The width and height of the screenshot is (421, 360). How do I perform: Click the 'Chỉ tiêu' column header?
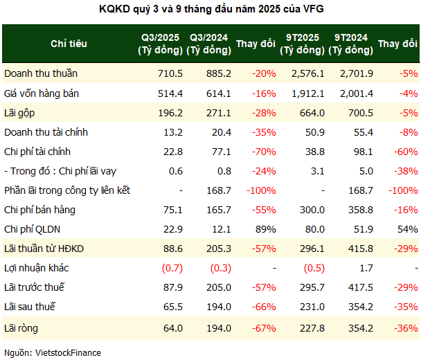(69, 44)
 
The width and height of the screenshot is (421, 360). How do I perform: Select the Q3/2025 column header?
(161, 44)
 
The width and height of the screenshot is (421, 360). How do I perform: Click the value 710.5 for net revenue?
(170, 73)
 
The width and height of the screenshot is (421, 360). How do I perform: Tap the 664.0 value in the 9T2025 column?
(309, 112)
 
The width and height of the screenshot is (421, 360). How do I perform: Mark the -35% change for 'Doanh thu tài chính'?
(264, 132)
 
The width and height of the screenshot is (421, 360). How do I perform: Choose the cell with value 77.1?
(219, 151)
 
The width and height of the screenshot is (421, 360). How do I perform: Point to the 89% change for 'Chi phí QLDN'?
(266, 228)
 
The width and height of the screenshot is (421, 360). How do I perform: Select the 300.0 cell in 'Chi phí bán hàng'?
(309, 209)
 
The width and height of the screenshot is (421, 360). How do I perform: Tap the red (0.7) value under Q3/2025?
(170, 267)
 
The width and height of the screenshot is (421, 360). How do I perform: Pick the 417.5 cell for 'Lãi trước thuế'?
(357, 287)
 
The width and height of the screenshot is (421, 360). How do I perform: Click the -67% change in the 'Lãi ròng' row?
(264, 326)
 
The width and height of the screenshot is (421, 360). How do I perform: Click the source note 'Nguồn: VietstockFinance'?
(53, 352)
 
